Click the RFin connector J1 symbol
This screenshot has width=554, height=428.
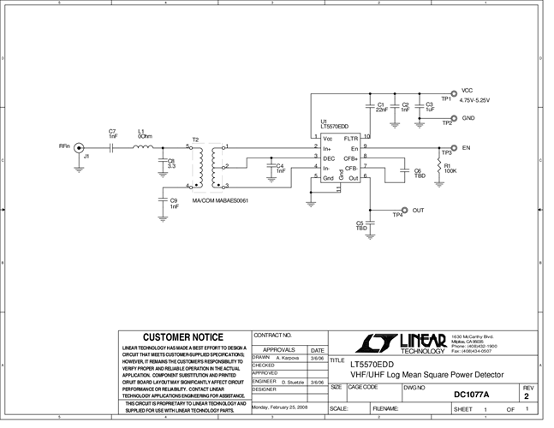[x=80, y=147]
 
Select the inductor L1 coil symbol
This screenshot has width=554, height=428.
[x=143, y=147]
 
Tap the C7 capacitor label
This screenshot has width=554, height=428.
[x=112, y=134]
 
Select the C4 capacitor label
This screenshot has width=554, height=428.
[x=280, y=168]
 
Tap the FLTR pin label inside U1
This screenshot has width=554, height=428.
[x=351, y=138]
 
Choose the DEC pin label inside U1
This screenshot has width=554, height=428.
[x=328, y=158]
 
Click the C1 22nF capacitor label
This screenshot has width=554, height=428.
[x=381, y=107]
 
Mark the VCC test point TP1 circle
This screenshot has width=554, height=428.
[x=453, y=92]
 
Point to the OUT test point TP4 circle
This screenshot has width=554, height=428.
[x=404, y=209]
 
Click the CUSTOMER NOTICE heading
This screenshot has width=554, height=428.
[x=182, y=337]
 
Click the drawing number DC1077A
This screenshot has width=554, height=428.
[x=472, y=395]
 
